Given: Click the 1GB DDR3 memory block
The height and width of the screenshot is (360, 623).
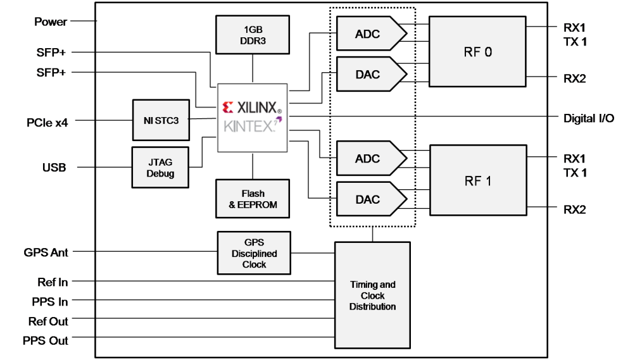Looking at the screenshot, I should click(252, 35).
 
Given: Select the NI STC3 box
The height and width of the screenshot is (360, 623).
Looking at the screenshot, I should click(161, 119).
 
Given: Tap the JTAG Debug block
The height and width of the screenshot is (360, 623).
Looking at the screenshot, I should click(161, 167).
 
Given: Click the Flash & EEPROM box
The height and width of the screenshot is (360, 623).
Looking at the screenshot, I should click(253, 199).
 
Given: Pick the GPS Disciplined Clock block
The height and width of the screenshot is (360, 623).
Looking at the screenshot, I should click(254, 252).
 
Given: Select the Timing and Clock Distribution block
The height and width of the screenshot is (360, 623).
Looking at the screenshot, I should click(373, 295).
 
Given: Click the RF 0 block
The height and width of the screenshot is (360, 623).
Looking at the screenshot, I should click(477, 51).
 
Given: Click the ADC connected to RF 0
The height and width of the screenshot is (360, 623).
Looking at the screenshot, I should click(368, 34).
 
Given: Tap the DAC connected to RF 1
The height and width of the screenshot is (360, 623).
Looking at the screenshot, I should click(368, 199).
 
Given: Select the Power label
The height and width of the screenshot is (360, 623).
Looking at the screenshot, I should click(50, 22).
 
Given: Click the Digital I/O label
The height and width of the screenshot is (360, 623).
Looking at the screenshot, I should click(588, 118).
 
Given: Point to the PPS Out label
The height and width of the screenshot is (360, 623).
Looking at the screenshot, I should click(46, 340).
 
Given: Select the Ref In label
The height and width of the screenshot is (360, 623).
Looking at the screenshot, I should click(52, 283).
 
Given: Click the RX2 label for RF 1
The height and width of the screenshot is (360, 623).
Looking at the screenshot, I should click(574, 209).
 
